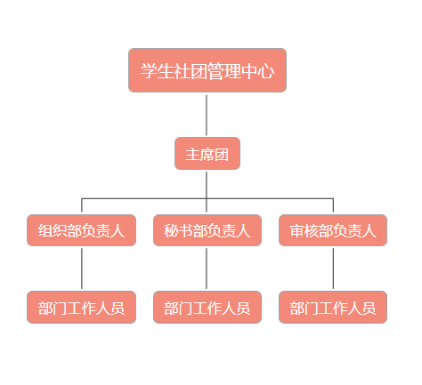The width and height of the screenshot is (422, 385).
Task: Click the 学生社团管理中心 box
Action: click(207, 70)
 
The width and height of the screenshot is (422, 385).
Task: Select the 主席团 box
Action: click(207, 154)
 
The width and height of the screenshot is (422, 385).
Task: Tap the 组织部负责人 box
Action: click(81, 230)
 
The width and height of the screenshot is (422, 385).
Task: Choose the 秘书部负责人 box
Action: click(207, 230)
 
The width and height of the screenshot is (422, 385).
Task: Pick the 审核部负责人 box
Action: click(333, 230)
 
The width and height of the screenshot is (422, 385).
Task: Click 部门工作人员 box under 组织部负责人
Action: click(81, 307)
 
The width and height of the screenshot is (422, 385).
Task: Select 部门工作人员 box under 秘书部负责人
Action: click(207, 307)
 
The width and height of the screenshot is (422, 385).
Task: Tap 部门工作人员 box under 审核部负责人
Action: click(333, 307)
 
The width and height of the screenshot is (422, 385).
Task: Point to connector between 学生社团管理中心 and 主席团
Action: click(207, 115)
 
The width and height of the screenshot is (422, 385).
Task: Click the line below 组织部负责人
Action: click(82, 269)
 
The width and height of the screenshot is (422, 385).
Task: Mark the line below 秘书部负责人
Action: click(207, 269)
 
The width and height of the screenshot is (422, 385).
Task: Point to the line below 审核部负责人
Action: click(333, 269)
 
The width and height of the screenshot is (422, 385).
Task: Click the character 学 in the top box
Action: click(149, 71)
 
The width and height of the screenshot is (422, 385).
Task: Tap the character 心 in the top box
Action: click(265, 71)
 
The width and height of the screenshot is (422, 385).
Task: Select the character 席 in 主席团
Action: click(207, 155)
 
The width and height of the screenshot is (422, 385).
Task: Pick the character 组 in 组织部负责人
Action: click(45, 230)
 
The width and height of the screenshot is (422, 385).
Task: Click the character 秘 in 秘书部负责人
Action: click(171, 230)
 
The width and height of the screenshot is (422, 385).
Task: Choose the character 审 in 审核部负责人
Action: click(296, 230)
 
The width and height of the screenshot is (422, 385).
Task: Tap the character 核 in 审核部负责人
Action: click(312, 230)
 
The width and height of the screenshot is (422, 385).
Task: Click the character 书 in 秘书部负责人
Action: click(185, 230)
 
